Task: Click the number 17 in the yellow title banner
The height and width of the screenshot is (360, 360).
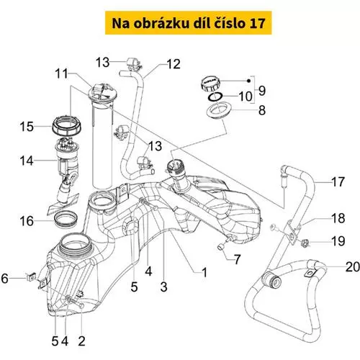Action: click(x=258, y=23)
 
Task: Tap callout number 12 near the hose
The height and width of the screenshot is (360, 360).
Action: click(x=174, y=64)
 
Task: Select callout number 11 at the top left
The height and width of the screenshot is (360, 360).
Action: click(x=62, y=73)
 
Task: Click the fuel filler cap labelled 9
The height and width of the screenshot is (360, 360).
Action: click(x=210, y=84)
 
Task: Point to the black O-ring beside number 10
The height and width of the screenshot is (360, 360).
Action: click(x=215, y=96)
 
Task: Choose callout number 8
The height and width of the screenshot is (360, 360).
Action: click(x=262, y=110)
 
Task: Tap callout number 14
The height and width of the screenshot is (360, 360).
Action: click(x=27, y=161)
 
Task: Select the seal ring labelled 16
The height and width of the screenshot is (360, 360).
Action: click(x=66, y=219)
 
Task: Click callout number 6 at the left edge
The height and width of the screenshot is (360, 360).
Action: click(x=5, y=279)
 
